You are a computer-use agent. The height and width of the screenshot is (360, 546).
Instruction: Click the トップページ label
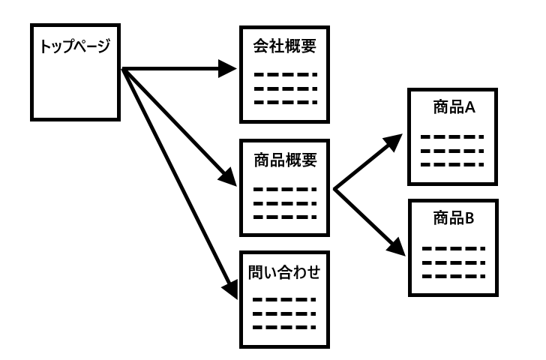tap(74, 46)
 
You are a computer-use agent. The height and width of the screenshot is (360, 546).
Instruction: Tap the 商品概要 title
tap(284, 160)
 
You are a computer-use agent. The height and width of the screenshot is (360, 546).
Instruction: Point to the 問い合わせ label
tap(284, 271)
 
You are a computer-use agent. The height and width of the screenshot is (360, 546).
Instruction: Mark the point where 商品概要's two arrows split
tap(334, 190)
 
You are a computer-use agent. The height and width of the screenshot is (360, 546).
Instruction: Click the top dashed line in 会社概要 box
tap(284, 75)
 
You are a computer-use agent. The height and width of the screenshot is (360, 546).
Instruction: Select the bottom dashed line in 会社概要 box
tap(284, 102)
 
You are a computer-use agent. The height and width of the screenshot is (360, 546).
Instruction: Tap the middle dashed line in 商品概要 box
tap(284, 203)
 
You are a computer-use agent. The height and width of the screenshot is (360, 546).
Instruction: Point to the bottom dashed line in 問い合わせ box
tap(284, 327)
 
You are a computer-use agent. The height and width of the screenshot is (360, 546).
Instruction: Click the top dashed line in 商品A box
tap(451, 137)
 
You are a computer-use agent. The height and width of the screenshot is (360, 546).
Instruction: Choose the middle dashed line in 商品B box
tap(451, 262)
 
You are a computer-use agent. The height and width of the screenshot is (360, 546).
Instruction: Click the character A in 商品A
tap(470, 108)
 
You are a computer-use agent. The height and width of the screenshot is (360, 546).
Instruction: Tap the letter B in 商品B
tap(470, 219)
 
